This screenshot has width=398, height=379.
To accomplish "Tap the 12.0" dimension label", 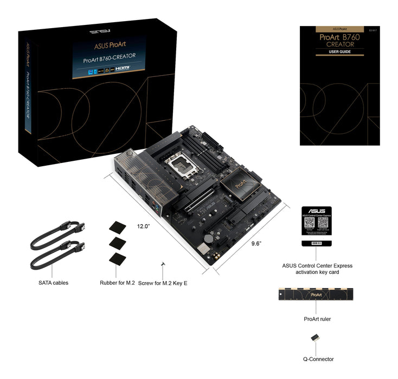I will tap(143, 226).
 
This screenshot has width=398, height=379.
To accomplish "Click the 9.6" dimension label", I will tap(256, 244).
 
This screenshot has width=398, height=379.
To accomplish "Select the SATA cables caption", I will tap(54, 283).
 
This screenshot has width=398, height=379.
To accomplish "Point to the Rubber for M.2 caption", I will tap(117, 283).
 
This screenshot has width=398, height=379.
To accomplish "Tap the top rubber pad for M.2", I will tap(117, 225).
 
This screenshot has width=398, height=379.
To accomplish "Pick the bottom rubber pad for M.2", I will tap(117, 258).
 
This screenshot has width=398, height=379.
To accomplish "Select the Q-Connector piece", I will tap(315, 338).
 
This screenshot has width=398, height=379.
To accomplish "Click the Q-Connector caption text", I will tap(318, 359).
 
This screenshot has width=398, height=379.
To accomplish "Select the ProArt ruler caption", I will tap(317, 319).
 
